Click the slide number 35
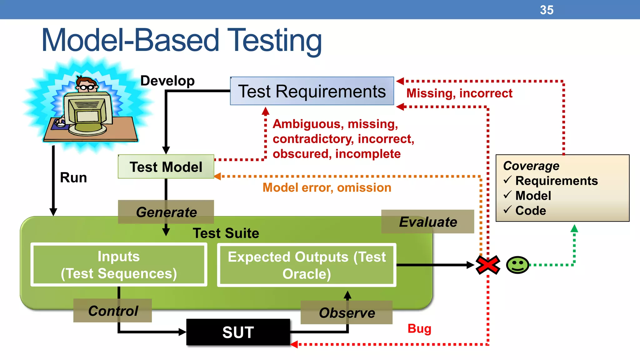[x=547, y=10]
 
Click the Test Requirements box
[x=312, y=91]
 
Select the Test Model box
[x=166, y=167]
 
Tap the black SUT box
[x=238, y=332]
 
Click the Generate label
[x=166, y=212]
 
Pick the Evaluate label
[x=428, y=222]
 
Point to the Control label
[x=113, y=311]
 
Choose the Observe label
[x=347, y=313]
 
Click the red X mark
[x=487, y=265]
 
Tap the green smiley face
[x=517, y=265]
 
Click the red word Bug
[x=419, y=329]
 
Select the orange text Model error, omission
[x=327, y=187]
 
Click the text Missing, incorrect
[x=459, y=93]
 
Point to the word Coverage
[x=531, y=166]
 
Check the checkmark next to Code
[x=507, y=209]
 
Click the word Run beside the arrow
[x=73, y=177]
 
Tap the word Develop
[x=167, y=81]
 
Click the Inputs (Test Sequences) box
[x=119, y=265]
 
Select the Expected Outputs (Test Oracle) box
[x=307, y=265]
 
